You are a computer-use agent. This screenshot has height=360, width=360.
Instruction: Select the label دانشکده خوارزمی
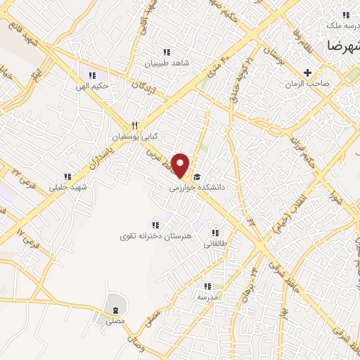click(x=197, y=188)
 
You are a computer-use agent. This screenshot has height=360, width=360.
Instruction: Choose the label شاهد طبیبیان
click(x=166, y=63)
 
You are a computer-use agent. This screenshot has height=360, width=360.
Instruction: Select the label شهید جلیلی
click(x=66, y=187)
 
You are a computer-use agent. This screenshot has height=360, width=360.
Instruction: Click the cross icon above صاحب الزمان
click(x=307, y=72)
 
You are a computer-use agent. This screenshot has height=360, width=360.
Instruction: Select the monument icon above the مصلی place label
click(x=114, y=309)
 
